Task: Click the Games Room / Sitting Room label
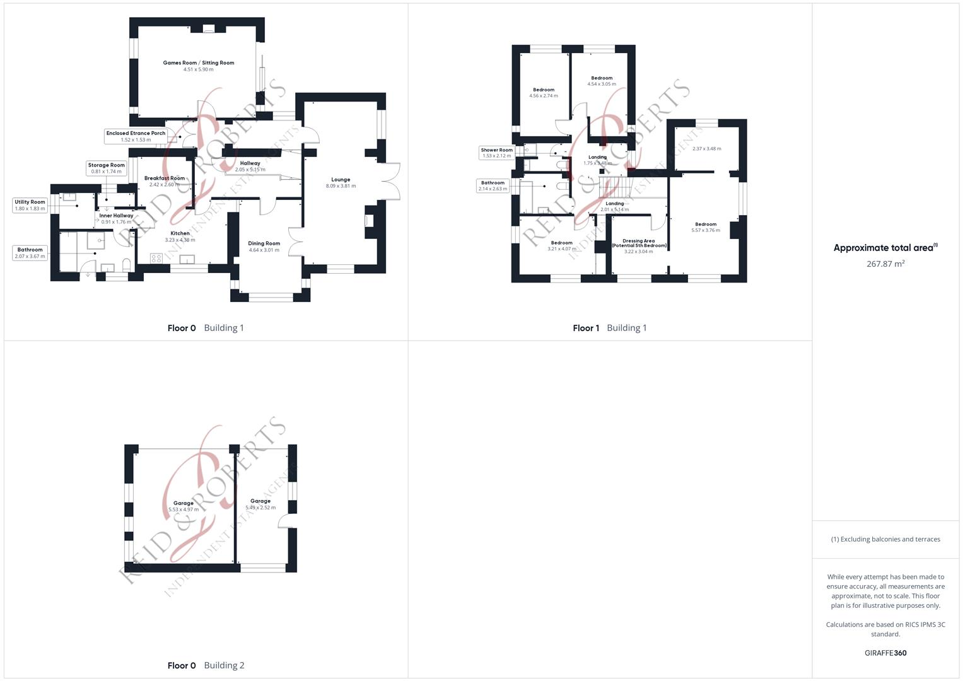(198, 63)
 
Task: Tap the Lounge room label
(341, 180)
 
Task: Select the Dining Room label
(264, 243)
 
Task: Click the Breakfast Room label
(164, 178)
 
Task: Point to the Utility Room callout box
(30, 205)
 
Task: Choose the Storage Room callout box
(106, 168)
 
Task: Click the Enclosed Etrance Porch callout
(136, 136)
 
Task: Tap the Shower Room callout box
(496, 153)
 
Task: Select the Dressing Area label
(638, 241)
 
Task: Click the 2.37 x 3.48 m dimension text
(706, 149)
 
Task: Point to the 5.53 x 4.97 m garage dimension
(184, 509)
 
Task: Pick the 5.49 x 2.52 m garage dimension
(260, 508)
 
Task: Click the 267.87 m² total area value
(885, 264)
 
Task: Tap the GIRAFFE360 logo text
(885, 653)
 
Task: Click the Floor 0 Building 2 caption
(206, 665)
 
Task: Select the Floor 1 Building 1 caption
(609, 328)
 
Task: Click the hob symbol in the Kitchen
(156, 258)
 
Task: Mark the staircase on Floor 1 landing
(616, 186)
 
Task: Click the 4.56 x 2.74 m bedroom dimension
(543, 96)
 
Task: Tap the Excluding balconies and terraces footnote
(885, 539)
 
